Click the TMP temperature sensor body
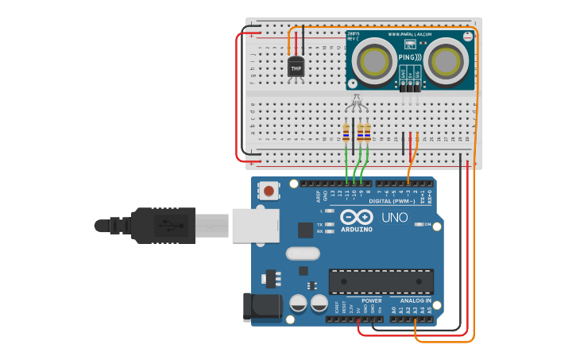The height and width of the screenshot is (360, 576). tap(296, 68)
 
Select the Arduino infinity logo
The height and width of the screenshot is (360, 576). tap(357, 216)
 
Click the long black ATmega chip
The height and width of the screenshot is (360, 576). tap(381, 281)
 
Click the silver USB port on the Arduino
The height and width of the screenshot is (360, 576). tap(255, 225)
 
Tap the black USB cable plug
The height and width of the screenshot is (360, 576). tap(163, 225)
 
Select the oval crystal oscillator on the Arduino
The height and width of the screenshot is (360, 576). tap(302, 254)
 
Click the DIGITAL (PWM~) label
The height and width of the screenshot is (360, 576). tap(392, 201)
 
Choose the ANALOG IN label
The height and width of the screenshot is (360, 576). tap(416, 301)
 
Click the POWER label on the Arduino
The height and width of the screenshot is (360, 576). tap(371, 301)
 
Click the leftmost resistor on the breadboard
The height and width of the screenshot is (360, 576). tap(346, 132)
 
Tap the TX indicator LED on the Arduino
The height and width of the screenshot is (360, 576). tap(330, 225)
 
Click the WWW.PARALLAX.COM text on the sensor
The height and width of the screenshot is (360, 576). tap(410, 35)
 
